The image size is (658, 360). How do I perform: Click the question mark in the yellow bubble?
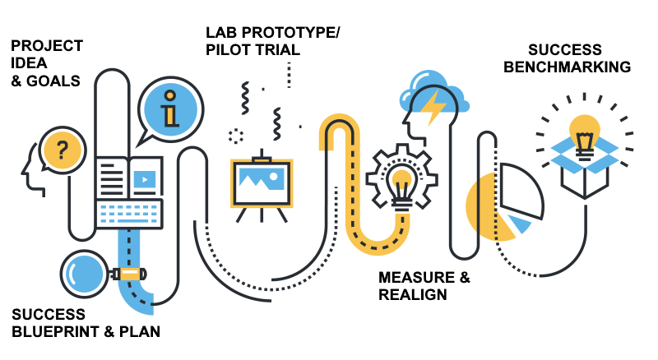pos(60,150)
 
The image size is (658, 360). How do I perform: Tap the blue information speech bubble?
pos(169,108)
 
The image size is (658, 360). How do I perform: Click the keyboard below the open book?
pos(130,214)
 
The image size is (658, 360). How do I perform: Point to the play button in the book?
pos(145,176)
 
